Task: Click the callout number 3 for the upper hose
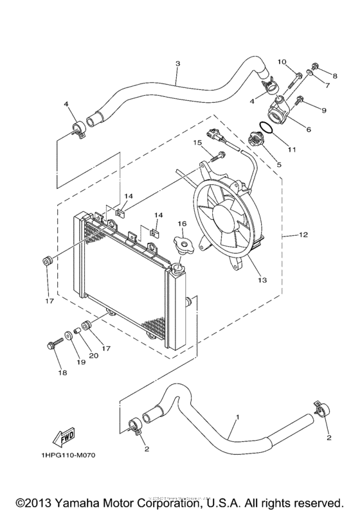click(x=177, y=64)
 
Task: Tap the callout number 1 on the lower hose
click(x=237, y=417)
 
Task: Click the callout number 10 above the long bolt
click(x=282, y=62)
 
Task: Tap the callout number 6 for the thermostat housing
click(x=308, y=129)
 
